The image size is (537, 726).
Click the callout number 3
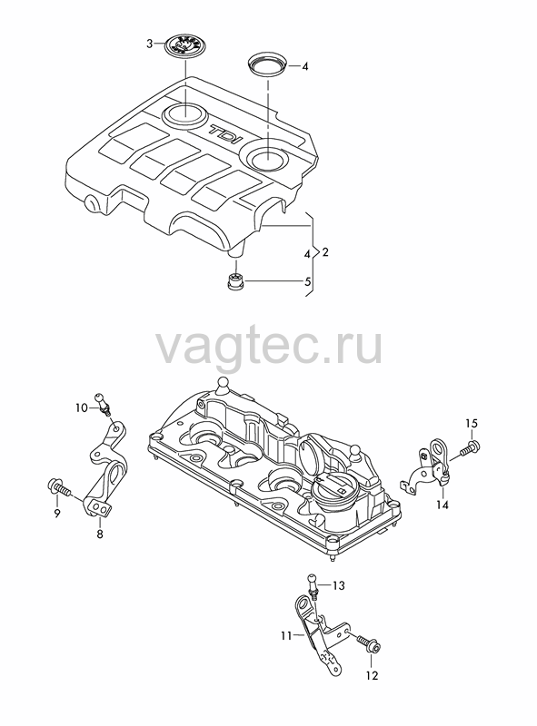(149, 44)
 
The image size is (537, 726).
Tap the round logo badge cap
(184, 46)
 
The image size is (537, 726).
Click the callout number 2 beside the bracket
(324, 252)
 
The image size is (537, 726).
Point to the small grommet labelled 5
(235, 281)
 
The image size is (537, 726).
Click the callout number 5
(307, 281)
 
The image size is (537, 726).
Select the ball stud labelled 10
(103, 402)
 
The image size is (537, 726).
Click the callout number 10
(82, 407)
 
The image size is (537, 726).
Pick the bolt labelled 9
(59, 486)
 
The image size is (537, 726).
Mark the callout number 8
(100, 534)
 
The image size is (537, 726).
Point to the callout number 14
(442, 505)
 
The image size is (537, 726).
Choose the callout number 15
(472, 423)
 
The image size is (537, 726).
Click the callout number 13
(339, 585)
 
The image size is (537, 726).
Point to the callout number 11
(286, 636)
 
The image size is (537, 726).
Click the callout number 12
(372, 675)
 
